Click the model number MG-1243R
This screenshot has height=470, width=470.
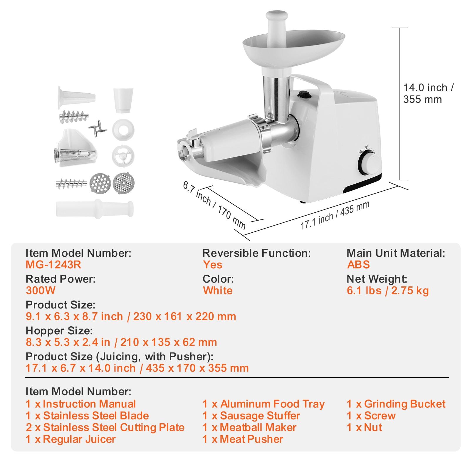click(x=53, y=265)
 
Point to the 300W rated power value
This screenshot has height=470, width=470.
click(x=41, y=291)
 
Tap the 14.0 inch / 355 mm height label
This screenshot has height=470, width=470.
click(x=428, y=93)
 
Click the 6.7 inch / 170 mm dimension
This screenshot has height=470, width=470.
click(x=214, y=205)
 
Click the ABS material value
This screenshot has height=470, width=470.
click(x=358, y=265)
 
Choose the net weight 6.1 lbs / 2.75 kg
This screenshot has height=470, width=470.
click(x=387, y=291)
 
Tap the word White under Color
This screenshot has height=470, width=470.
click(x=218, y=291)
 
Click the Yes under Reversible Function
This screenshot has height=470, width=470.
click(x=212, y=265)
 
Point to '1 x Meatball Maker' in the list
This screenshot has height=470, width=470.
click(x=249, y=427)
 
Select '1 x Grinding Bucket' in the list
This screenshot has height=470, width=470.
click(x=396, y=404)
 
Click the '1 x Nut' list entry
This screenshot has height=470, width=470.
click(x=364, y=427)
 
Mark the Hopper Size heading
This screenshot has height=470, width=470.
click(x=59, y=331)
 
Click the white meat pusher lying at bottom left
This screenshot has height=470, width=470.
click(x=95, y=209)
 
